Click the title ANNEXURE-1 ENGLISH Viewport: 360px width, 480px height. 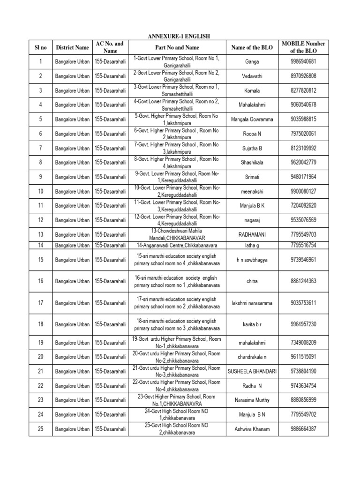coord(180,36)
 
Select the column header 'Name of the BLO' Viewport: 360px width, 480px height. coord(252,47)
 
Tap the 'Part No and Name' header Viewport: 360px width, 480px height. coord(177,47)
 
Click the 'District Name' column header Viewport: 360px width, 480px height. coord(72,47)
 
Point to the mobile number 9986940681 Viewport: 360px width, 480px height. coord(303,61)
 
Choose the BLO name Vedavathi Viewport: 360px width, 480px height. coord(252,76)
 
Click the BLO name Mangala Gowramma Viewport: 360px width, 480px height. coord(252,119)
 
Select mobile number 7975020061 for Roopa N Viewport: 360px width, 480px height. coord(303,134)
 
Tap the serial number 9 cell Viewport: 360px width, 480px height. coord(40,177)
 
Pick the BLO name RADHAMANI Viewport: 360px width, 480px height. coord(252,234)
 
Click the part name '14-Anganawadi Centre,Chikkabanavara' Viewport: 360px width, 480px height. coord(177,245)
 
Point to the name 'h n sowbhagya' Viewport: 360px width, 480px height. coord(252,260)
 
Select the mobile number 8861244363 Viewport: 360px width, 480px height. coord(303,281)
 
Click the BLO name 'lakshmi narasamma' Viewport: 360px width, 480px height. coord(252,303)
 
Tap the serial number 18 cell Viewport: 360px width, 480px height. coord(40,324)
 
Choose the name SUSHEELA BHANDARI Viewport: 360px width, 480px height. coord(252,371)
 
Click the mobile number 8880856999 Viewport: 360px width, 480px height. coord(303,400)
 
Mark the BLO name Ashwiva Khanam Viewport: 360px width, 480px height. coord(252,429)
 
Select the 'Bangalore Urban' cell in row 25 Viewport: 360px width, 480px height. coord(72,429)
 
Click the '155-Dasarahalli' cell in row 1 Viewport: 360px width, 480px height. coord(111,61)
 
